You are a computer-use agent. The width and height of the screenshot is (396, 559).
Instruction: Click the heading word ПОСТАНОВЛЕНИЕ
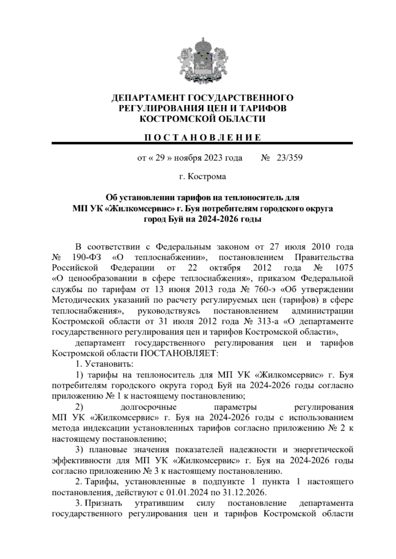[x=202, y=137]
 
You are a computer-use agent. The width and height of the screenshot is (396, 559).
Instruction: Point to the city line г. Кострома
[x=202, y=177]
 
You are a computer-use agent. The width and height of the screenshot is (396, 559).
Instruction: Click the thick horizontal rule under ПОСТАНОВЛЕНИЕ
[x=202, y=143]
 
